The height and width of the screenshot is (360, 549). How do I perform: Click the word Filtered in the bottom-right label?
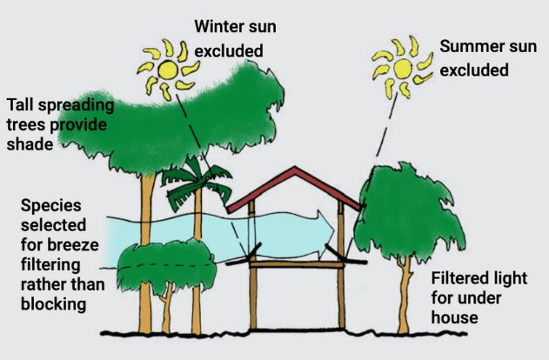click(463, 280)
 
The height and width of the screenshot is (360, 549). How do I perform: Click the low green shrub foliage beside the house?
click(164, 265)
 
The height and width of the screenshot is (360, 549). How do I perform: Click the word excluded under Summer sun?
click(474, 70)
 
